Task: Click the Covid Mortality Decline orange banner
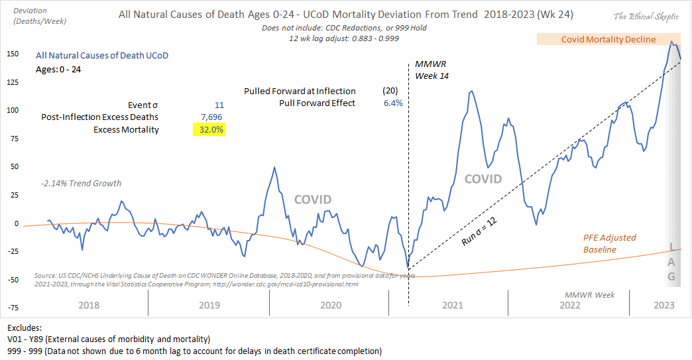608,39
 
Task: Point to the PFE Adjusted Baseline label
609,243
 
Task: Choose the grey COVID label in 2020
312,199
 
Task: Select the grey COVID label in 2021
483,179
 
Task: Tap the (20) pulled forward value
391,91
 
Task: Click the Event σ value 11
219,105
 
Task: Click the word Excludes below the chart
25,328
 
